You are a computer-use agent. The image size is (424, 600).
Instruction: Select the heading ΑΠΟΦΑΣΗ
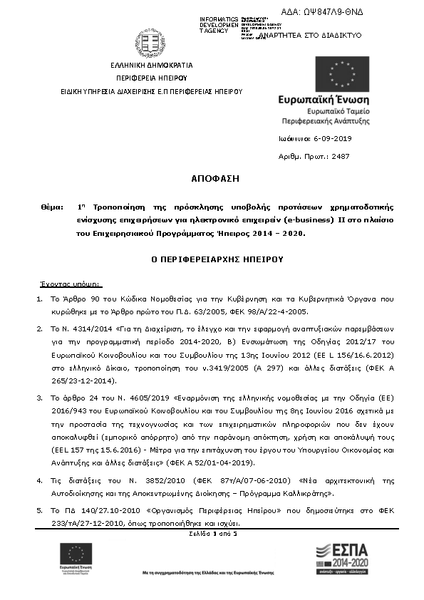[x=212, y=178]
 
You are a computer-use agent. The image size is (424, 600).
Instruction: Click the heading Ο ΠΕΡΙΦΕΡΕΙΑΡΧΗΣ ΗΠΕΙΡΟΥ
[x=212, y=260]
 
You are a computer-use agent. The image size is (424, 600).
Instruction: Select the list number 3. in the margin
[x=40, y=393]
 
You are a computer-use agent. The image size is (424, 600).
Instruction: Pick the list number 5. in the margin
[x=40, y=511]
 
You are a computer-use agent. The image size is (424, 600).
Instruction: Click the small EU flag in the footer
[x=76, y=553]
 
